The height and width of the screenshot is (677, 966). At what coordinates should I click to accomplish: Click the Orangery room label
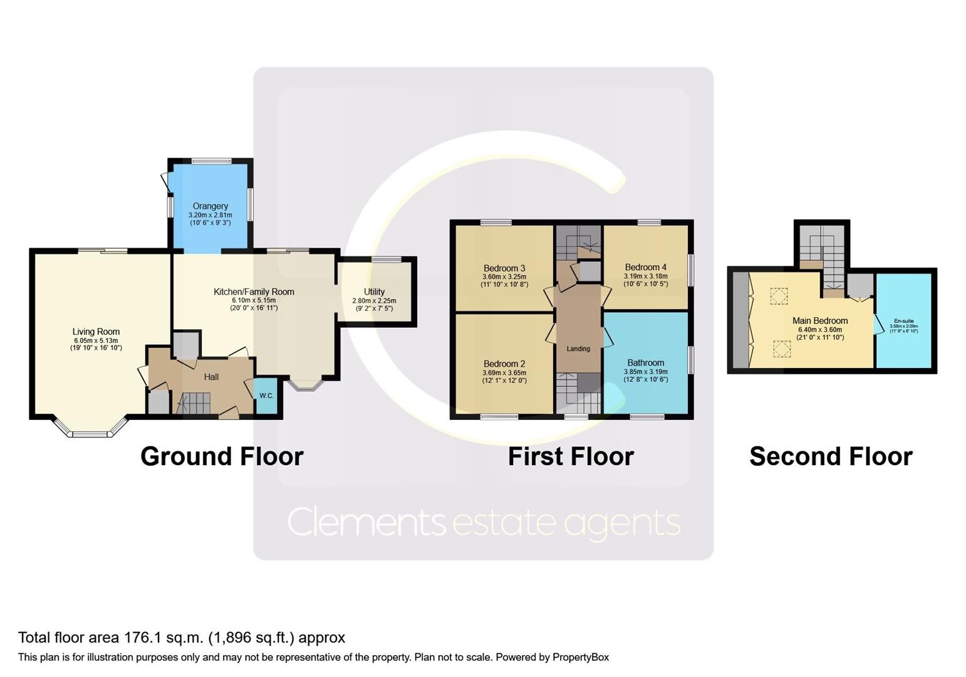click(x=210, y=206)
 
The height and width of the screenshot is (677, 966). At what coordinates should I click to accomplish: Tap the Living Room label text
click(x=96, y=332)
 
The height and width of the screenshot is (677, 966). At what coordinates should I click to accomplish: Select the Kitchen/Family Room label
click(x=254, y=291)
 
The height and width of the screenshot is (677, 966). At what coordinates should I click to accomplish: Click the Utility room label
click(x=374, y=291)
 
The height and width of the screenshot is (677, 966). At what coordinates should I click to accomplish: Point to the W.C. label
click(x=266, y=396)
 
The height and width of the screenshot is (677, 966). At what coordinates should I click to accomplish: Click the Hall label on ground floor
click(x=211, y=377)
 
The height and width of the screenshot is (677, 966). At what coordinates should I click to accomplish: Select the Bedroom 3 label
click(x=504, y=268)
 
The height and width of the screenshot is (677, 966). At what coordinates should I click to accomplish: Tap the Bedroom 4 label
click(x=645, y=267)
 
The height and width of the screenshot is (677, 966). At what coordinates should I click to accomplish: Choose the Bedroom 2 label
click(x=504, y=364)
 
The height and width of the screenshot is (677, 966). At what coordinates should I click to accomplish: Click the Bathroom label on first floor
click(x=645, y=362)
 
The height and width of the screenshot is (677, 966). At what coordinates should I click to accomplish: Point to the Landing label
click(x=578, y=349)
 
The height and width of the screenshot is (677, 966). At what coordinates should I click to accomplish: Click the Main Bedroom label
click(x=819, y=320)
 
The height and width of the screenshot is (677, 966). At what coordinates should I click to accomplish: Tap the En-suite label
click(x=903, y=321)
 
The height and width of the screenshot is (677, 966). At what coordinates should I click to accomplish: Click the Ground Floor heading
click(x=222, y=456)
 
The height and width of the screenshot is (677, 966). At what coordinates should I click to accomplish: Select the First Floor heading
click(x=570, y=456)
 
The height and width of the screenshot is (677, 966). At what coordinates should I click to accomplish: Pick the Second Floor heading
click(x=831, y=456)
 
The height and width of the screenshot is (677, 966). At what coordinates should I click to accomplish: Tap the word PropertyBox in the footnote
click(x=580, y=657)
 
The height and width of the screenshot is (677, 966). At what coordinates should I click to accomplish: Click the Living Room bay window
click(x=90, y=432)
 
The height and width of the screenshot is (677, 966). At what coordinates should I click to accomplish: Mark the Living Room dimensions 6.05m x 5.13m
click(x=96, y=340)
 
